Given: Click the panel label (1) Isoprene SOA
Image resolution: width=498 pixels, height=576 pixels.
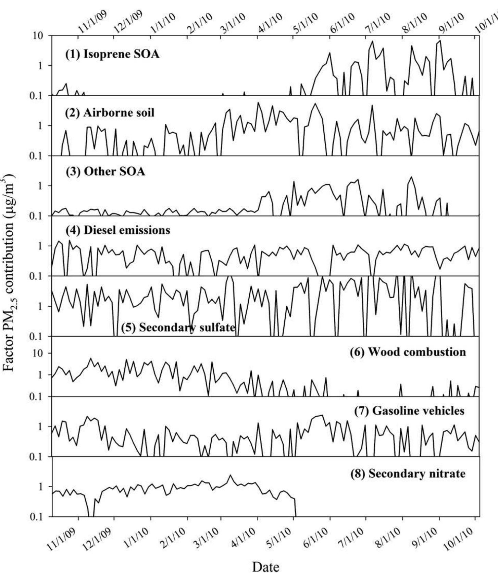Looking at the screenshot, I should (112, 54).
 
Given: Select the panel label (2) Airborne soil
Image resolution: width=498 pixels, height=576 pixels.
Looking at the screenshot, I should (110, 112).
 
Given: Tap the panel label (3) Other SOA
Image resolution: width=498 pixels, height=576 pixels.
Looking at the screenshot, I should (105, 171).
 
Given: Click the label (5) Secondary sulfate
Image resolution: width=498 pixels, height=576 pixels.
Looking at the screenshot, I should (178, 328).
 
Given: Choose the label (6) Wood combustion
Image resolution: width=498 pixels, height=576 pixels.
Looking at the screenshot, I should (408, 352).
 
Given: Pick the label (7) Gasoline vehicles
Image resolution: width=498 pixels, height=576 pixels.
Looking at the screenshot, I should (409, 410).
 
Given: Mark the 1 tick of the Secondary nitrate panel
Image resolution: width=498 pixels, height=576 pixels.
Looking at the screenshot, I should (41, 487).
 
